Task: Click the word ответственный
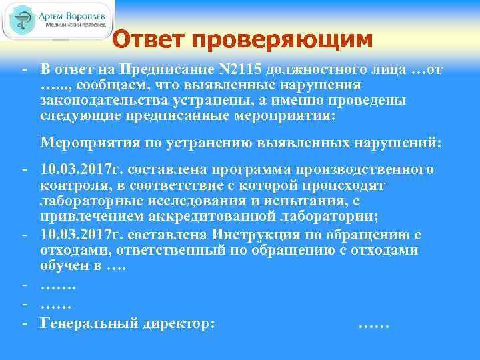point(151,250)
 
